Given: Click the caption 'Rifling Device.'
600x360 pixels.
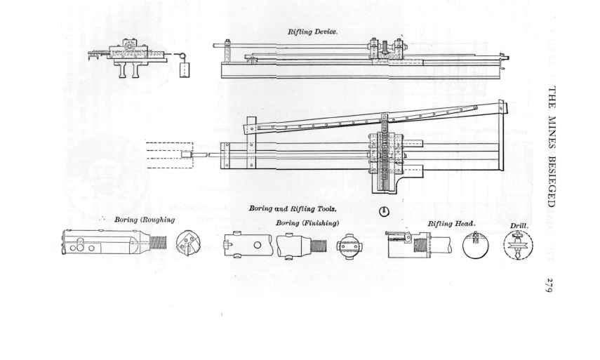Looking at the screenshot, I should (313, 32).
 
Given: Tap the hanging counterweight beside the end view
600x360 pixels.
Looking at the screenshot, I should (185, 69).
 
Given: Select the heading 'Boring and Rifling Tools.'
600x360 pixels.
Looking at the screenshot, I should (293, 208).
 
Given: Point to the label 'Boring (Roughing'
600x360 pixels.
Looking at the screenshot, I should (145, 220).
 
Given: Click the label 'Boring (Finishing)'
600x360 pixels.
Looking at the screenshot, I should (307, 222).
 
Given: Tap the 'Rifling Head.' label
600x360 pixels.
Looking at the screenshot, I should (452, 223).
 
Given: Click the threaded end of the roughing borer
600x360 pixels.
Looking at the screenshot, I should (158, 243).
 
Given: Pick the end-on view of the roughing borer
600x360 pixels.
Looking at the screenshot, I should (186, 244).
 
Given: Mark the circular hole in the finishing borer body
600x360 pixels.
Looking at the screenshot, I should (258, 245).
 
